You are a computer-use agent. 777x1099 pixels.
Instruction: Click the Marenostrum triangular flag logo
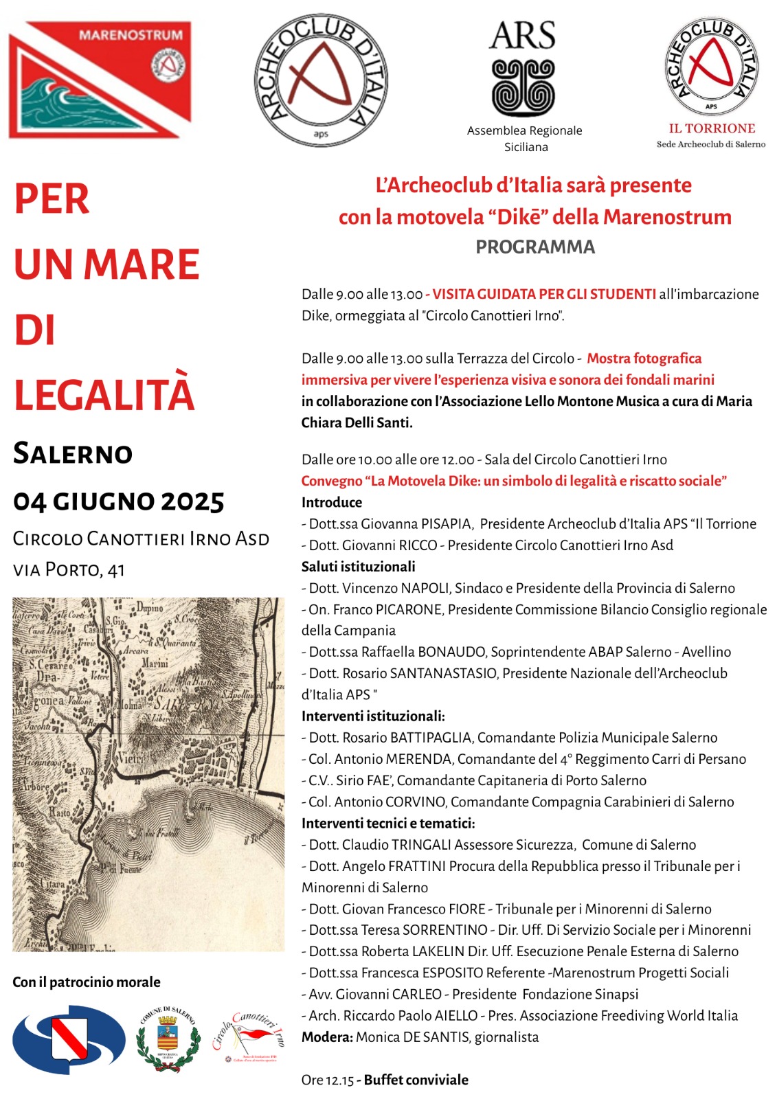[x=99, y=79]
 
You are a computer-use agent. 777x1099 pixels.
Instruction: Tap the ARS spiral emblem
[x=523, y=87]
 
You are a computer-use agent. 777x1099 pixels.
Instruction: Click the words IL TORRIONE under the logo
[x=712, y=128]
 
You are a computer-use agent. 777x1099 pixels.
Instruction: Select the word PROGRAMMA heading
[x=535, y=247]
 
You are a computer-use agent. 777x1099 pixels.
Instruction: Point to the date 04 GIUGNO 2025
[x=119, y=501]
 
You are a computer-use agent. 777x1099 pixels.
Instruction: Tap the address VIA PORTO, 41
[x=69, y=569]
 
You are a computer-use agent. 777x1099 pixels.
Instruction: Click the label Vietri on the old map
[x=132, y=759]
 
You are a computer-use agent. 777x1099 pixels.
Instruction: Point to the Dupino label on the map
[x=150, y=608]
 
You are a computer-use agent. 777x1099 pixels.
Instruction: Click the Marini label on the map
[x=155, y=664]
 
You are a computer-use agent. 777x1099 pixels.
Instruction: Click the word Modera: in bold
[x=327, y=1037]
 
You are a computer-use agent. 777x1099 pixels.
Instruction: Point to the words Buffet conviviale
[x=416, y=1080]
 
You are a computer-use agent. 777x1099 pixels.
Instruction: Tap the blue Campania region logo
[x=69, y=1039]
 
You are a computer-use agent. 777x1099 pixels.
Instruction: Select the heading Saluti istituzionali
[x=358, y=567]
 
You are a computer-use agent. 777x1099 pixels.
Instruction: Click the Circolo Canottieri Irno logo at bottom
[x=248, y=1037]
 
